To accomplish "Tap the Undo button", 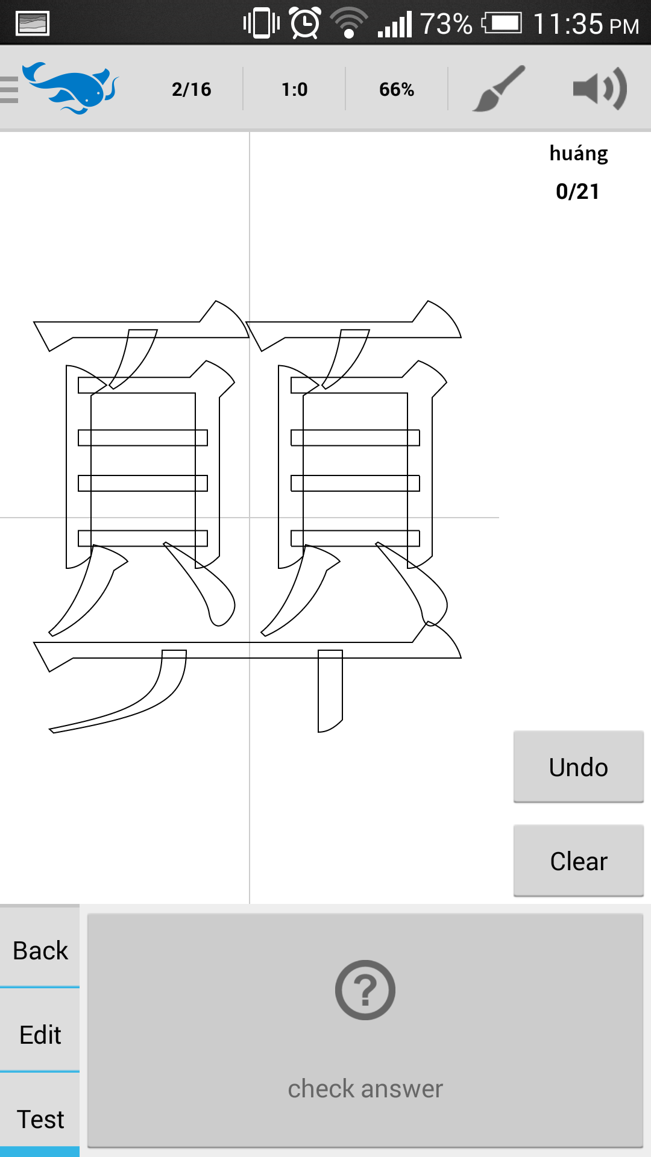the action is (x=579, y=767).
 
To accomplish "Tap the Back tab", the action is (x=40, y=950).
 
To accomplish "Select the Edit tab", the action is (x=40, y=1035).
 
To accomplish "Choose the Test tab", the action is (x=40, y=1119).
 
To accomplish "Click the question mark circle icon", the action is (x=365, y=989).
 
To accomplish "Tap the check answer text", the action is (x=365, y=1089).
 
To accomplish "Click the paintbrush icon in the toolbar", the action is (x=498, y=89).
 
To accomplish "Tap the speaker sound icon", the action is (x=600, y=89).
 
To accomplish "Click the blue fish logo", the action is (x=71, y=87).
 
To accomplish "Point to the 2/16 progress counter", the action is (x=192, y=89).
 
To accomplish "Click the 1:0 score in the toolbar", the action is (x=295, y=89).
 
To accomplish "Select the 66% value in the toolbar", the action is (x=397, y=89).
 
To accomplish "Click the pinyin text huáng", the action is (x=579, y=154).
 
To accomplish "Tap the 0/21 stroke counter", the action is (x=577, y=192).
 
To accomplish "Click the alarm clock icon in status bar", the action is (x=305, y=23).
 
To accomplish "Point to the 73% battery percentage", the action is (x=446, y=24).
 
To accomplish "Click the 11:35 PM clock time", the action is (x=586, y=24).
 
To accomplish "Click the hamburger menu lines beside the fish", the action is (x=8, y=90).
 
